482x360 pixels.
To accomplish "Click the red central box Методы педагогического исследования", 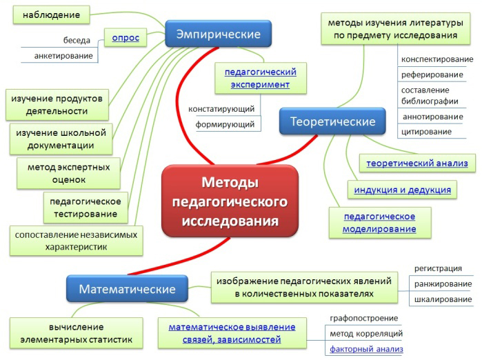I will pyautogui.click(x=230, y=201).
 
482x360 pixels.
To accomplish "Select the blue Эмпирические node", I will pyautogui.click(x=218, y=34).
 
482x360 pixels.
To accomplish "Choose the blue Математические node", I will pyautogui.click(x=127, y=289).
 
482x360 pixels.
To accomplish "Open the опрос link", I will pyautogui.click(x=125, y=38).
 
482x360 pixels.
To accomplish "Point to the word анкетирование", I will pyautogui.click(x=63, y=56).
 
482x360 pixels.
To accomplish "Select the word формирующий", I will pyautogui.click(x=225, y=125).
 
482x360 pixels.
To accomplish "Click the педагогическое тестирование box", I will pyautogui.click(x=85, y=208).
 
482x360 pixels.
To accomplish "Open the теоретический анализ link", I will pyautogui.click(x=417, y=163).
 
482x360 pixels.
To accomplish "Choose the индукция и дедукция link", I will pyautogui.click(x=403, y=190).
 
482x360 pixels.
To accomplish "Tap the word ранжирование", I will pyautogui.click(x=443, y=284).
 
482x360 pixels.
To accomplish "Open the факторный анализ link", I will pyautogui.click(x=366, y=350).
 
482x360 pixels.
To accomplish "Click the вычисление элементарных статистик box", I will pyautogui.click(x=77, y=333).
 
